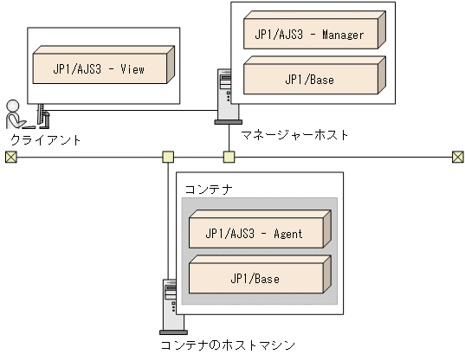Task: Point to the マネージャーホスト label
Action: click(x=296, y=135)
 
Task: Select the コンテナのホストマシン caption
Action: click(x=222, y=345)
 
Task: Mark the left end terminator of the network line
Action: click(x=10, y=157)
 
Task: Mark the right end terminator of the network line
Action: click(x=457, y=157)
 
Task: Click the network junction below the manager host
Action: click(x=229, y=157)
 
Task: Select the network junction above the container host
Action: click(x=168, y=157)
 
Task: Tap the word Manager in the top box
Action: click(x=342, y=35)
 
